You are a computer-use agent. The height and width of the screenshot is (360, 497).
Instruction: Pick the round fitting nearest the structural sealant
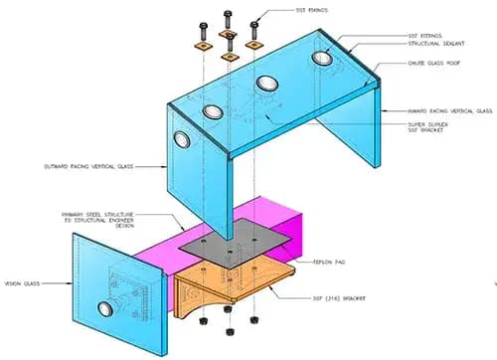point(322,61)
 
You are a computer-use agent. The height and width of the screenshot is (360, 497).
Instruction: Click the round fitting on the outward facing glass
point(180,137)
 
